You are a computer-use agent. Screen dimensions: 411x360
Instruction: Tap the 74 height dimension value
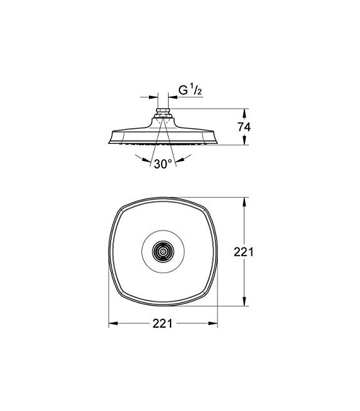(x=244, y=127)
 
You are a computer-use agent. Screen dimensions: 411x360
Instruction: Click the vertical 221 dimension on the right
(x=244, y=252)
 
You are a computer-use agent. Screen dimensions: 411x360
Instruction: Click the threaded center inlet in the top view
(x=163, y=251)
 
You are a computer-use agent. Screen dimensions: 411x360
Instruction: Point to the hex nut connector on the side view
(x=163, y=116)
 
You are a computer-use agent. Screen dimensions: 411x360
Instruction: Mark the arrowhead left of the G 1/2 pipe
(x=154, y=98)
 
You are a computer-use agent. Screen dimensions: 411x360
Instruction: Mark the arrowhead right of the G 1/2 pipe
(x=172, y=98)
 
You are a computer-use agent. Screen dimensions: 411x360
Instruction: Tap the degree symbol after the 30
(x=171, y=160)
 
